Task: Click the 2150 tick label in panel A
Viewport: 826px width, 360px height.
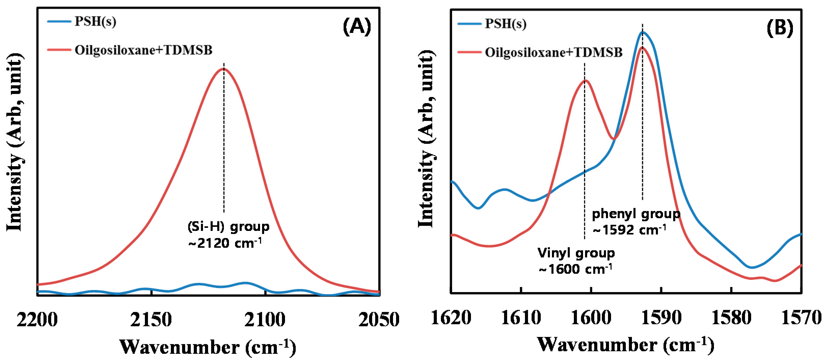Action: pos(151,319)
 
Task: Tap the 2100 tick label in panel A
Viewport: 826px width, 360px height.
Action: pos(265,319)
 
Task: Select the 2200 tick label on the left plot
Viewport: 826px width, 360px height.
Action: pos(37,319)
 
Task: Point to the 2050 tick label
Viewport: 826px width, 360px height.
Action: pos(379,319)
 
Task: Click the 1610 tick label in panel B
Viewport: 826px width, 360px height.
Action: pos(521,318)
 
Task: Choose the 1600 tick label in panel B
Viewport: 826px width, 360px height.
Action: pos(591,318)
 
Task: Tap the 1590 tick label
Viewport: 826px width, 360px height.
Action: pos(661,318)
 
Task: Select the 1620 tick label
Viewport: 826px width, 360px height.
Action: pos(451,318)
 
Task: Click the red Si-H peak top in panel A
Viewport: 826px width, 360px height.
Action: pos(223,68)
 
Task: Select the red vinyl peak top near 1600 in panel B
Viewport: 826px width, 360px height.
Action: pos(585,80)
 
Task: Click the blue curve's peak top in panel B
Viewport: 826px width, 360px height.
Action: pos(642,32)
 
